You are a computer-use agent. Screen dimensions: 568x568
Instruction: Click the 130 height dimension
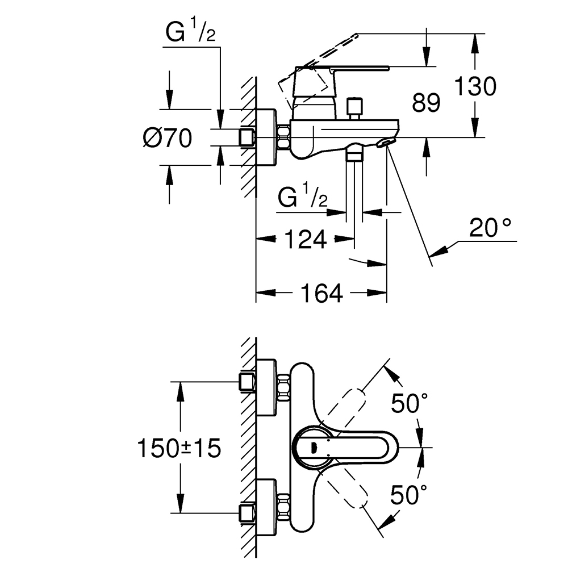click(x=475, y=86)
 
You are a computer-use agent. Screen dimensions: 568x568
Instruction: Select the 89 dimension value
click(x=426, y=102)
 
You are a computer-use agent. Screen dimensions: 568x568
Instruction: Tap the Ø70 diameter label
click(x=168, y=138)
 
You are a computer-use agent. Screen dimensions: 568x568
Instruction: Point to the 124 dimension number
click(x=306, y=239)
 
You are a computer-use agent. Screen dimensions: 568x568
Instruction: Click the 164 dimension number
click(x=321, y=293)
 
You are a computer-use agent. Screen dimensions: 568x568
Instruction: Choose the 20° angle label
click(x=490, y=228)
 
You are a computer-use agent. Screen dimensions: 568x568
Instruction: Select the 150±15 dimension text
click(x=179, y=448)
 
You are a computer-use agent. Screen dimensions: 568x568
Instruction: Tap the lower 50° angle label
click(x=408, y=495)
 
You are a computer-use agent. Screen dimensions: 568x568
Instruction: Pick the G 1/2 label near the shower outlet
click(x=303, y=196)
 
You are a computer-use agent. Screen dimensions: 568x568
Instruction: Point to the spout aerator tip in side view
click(x=386, y=143)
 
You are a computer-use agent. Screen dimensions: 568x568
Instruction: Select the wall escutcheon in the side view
click(x=266, y=137)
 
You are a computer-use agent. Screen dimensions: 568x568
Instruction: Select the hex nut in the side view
click(x=283, y=137)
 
